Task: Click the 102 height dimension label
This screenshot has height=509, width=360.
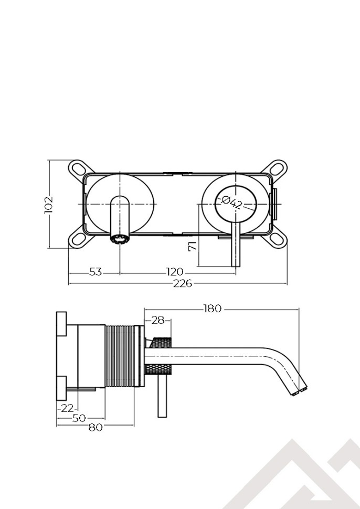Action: pos(48,205)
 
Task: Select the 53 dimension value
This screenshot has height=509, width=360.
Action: pos(95,272)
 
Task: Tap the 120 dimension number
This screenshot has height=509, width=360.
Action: pos(175,272)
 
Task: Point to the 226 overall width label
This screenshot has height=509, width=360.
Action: pos(183,283)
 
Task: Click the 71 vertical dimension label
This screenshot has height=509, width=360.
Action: pos(193,246)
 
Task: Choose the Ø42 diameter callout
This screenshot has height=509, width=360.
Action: pos(232,203)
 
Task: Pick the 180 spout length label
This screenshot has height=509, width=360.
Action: pos(213,309)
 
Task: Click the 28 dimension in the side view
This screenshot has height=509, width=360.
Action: pos(158,321)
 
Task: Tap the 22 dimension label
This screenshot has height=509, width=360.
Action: pos(67,408)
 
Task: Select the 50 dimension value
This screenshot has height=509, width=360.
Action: pos(79,418)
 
